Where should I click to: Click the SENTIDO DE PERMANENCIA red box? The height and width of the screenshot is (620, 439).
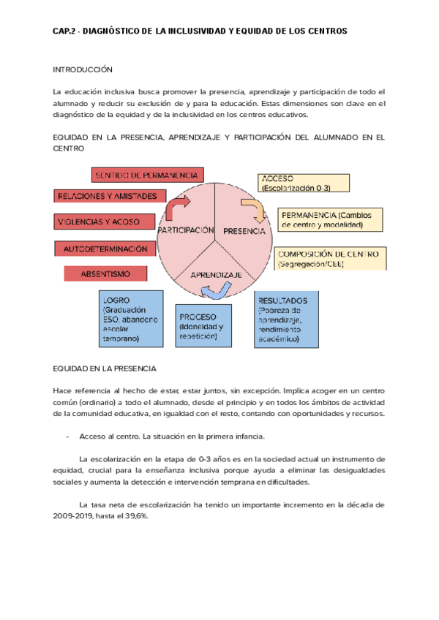pos(146,175)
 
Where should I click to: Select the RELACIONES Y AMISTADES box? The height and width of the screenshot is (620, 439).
pos(107,196)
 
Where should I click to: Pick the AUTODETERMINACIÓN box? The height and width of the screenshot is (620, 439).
pos(105,249)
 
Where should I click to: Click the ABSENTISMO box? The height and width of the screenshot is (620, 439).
pos(105,273)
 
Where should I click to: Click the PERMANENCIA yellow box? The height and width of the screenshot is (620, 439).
pos(331,219)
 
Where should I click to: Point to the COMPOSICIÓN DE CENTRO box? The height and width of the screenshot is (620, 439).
pos(331,259)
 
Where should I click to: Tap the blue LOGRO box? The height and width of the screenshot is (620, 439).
pos(131,319)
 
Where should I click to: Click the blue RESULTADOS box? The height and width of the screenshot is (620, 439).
pos(286,320)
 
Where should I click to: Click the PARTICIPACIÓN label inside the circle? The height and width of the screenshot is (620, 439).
pos(184,230)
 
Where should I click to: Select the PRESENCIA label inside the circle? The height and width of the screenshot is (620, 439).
pos(244,231)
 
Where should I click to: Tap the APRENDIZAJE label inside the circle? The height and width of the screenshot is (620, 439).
pos(216,275)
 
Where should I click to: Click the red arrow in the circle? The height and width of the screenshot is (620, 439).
pos(178,208)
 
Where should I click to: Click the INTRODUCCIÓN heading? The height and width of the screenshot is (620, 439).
pos(83,69)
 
